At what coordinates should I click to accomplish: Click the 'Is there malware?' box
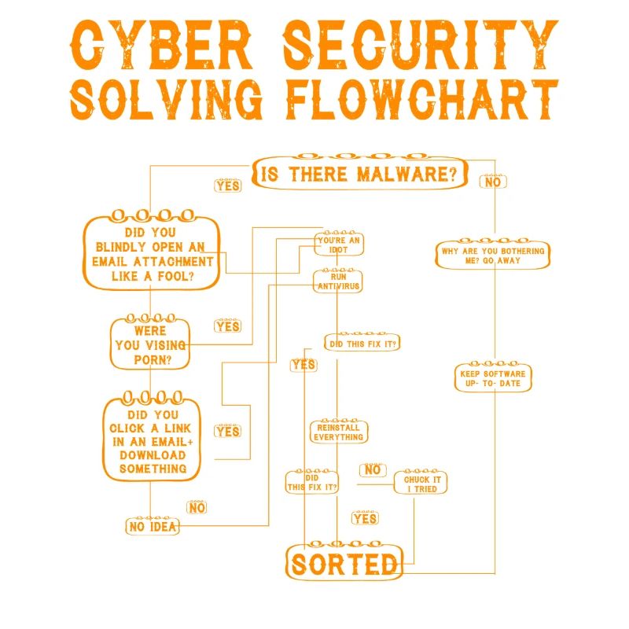pos(358,174)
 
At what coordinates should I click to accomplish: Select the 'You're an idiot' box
pos(338,244)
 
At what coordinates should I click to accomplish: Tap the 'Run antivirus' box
pos(338,281)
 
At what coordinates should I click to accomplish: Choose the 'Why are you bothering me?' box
pos(491,256)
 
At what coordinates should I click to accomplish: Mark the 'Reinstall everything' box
pos(338,432)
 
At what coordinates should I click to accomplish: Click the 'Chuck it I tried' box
pos(421,484)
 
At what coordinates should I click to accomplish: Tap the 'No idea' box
pos(153,526)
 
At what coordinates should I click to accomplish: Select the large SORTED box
pos(344,564)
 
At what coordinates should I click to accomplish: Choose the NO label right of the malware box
pos(493,182)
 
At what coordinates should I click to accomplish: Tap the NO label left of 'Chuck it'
pos(373,470)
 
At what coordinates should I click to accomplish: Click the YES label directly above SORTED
pos(365,519)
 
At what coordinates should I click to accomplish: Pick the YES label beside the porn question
pos(227,326)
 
